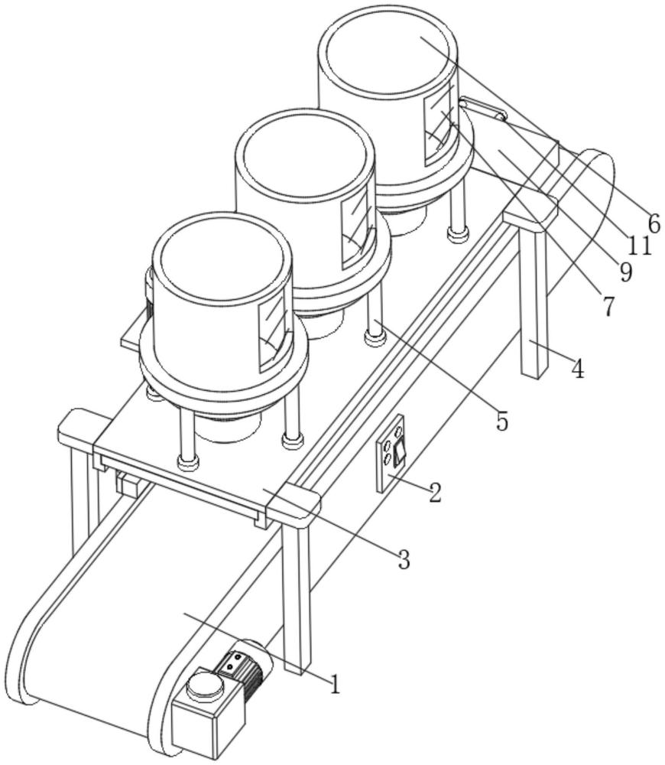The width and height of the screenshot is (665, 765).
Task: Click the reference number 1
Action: [335, 683]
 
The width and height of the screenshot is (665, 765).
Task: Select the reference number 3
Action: [404, 559]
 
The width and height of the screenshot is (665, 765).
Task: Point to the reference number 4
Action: [578, 369]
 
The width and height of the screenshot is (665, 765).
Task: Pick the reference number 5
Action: [502, 421]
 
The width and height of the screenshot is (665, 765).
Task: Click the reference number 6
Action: [654, 224]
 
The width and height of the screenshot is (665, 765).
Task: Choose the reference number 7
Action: [608, 307]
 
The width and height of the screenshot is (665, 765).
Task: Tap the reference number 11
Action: [639, 246]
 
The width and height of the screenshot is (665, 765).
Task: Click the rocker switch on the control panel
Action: [400, 451]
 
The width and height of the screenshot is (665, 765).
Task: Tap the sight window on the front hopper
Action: [274, 329]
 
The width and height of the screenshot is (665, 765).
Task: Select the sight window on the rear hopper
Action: [440, 124]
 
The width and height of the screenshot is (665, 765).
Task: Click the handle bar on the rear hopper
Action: [482, 108]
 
